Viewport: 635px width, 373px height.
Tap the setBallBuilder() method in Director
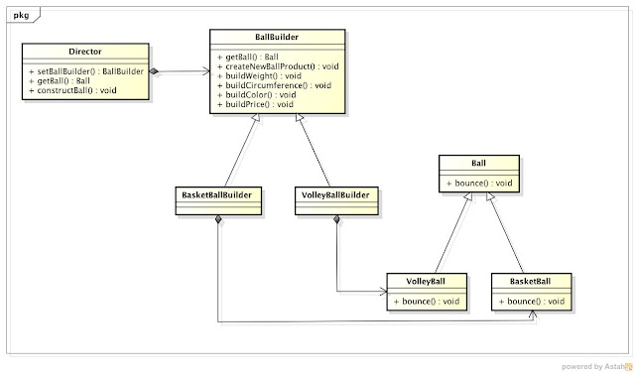pyautogui.click(x=86, y=72)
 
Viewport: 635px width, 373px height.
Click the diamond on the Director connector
pyautogui.click(x=156, y=71)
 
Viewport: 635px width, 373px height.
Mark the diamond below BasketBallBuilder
pyautogui.click(x=217, y=219)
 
